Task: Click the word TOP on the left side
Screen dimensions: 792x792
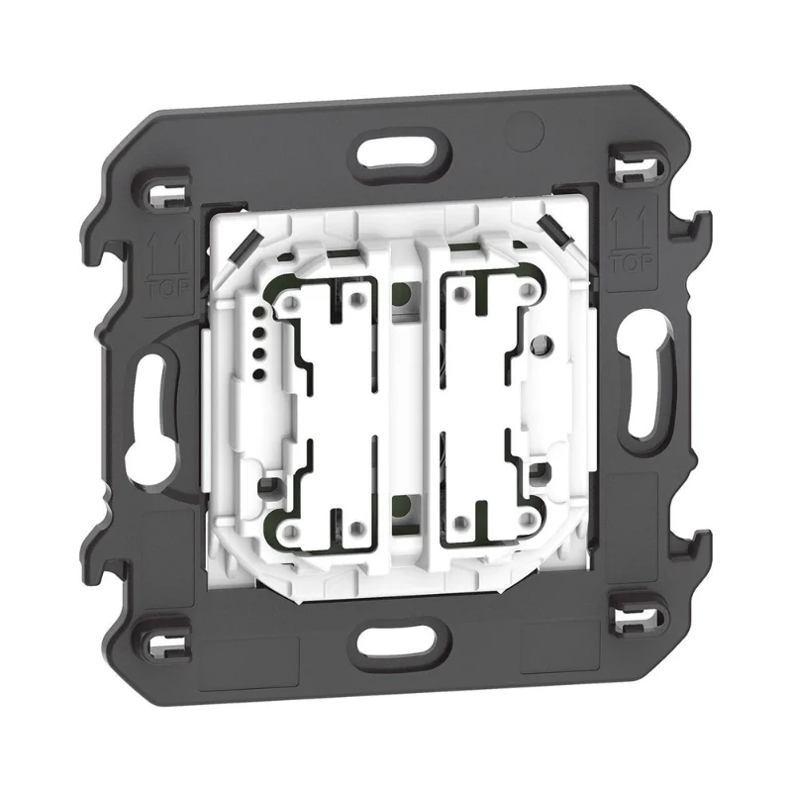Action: (167, 288)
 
